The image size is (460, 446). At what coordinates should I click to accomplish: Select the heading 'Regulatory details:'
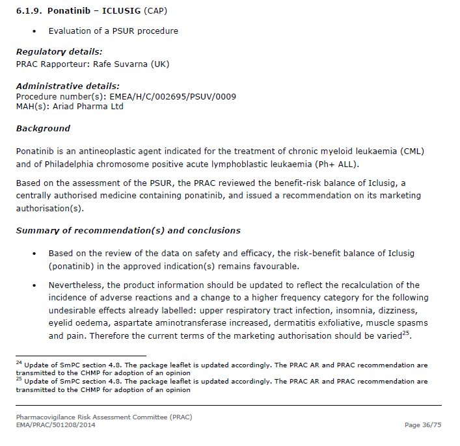(x=59, y=52)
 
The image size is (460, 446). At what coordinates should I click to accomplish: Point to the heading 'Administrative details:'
(x=68, y=86)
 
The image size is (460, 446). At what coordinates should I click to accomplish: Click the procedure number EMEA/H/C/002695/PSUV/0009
(x=166, y=96)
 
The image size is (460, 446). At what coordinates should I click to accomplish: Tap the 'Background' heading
(x=43, y=129)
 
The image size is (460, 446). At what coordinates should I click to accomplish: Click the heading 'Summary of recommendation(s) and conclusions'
(x=128, y=231)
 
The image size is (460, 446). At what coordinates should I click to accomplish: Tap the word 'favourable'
(x=277, y=266)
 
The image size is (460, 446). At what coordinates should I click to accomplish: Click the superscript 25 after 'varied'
(x=405, y=334)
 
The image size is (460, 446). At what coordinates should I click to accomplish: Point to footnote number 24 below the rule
(x=18, y=363)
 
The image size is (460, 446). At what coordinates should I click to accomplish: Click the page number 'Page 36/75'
(x=422, y=425)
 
